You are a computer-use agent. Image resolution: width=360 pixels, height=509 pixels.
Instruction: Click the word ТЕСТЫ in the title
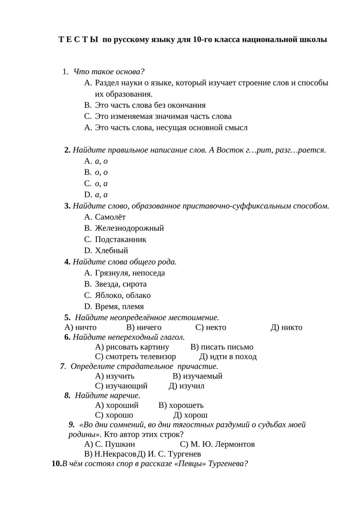(78, 40)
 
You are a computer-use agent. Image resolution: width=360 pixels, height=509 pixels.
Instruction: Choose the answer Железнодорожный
(130, 228)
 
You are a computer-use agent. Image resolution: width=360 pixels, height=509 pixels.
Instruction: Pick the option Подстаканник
(121, 239)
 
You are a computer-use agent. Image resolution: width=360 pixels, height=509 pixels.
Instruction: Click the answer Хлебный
(112, 251)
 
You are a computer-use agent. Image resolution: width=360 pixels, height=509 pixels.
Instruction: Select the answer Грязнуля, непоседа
(130, 273)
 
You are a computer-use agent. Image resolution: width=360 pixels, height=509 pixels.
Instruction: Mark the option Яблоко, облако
(123, 295)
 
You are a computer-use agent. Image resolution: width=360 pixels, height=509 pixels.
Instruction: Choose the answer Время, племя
(119, 306)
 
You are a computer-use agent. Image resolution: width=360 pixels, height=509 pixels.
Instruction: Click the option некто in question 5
(216, 327)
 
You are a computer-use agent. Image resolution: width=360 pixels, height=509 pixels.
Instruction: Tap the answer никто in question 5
(292, 327)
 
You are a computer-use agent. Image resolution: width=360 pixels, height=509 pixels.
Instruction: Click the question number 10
(56, 464)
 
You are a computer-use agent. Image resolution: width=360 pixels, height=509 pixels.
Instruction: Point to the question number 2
(67, 150)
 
